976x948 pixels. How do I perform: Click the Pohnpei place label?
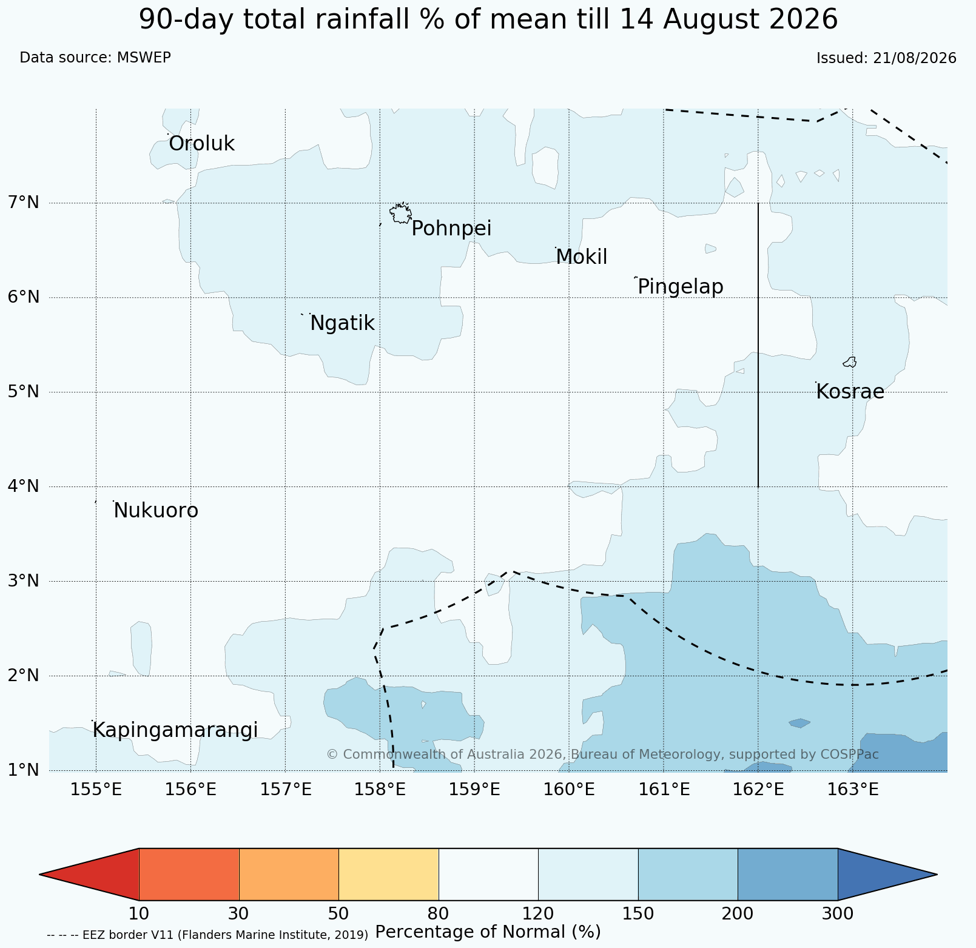pyautogui.click(x=451, y=229)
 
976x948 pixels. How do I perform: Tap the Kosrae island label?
pyautogui.click(x=850, y=392)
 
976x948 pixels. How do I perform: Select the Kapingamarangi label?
pyautogui.click(x=175, y=730)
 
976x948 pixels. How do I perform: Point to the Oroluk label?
pyautogui.click(x=201, y=144)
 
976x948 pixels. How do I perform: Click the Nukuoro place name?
pyautogui.click(x=156, y=511)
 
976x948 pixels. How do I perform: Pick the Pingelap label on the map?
pyautogui.click(x=681, y=287)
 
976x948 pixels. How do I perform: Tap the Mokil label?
pyautogui.click(x=582, y=257)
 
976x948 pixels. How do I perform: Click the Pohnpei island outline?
pyautogui.click(x=400, y=213)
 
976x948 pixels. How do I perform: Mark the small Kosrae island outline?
pyautogui.click(x=850, y=362)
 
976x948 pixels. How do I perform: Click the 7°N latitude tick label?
pyautogui.click(x=24, y=203)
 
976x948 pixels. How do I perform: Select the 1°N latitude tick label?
pyautogui.click(x=24, y=770)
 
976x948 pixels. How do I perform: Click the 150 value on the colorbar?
pyautogui.click(x=638, y=913)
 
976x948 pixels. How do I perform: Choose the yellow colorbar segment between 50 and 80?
pyautogui.click(x=389, y=874)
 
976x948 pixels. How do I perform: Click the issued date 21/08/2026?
pyautogui.click(x=914, y=58)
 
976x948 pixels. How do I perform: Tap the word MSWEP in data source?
pyautogui.click(x=144, y=58)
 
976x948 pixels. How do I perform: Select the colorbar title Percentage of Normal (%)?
pyautogui.click(x=488, y=932)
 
